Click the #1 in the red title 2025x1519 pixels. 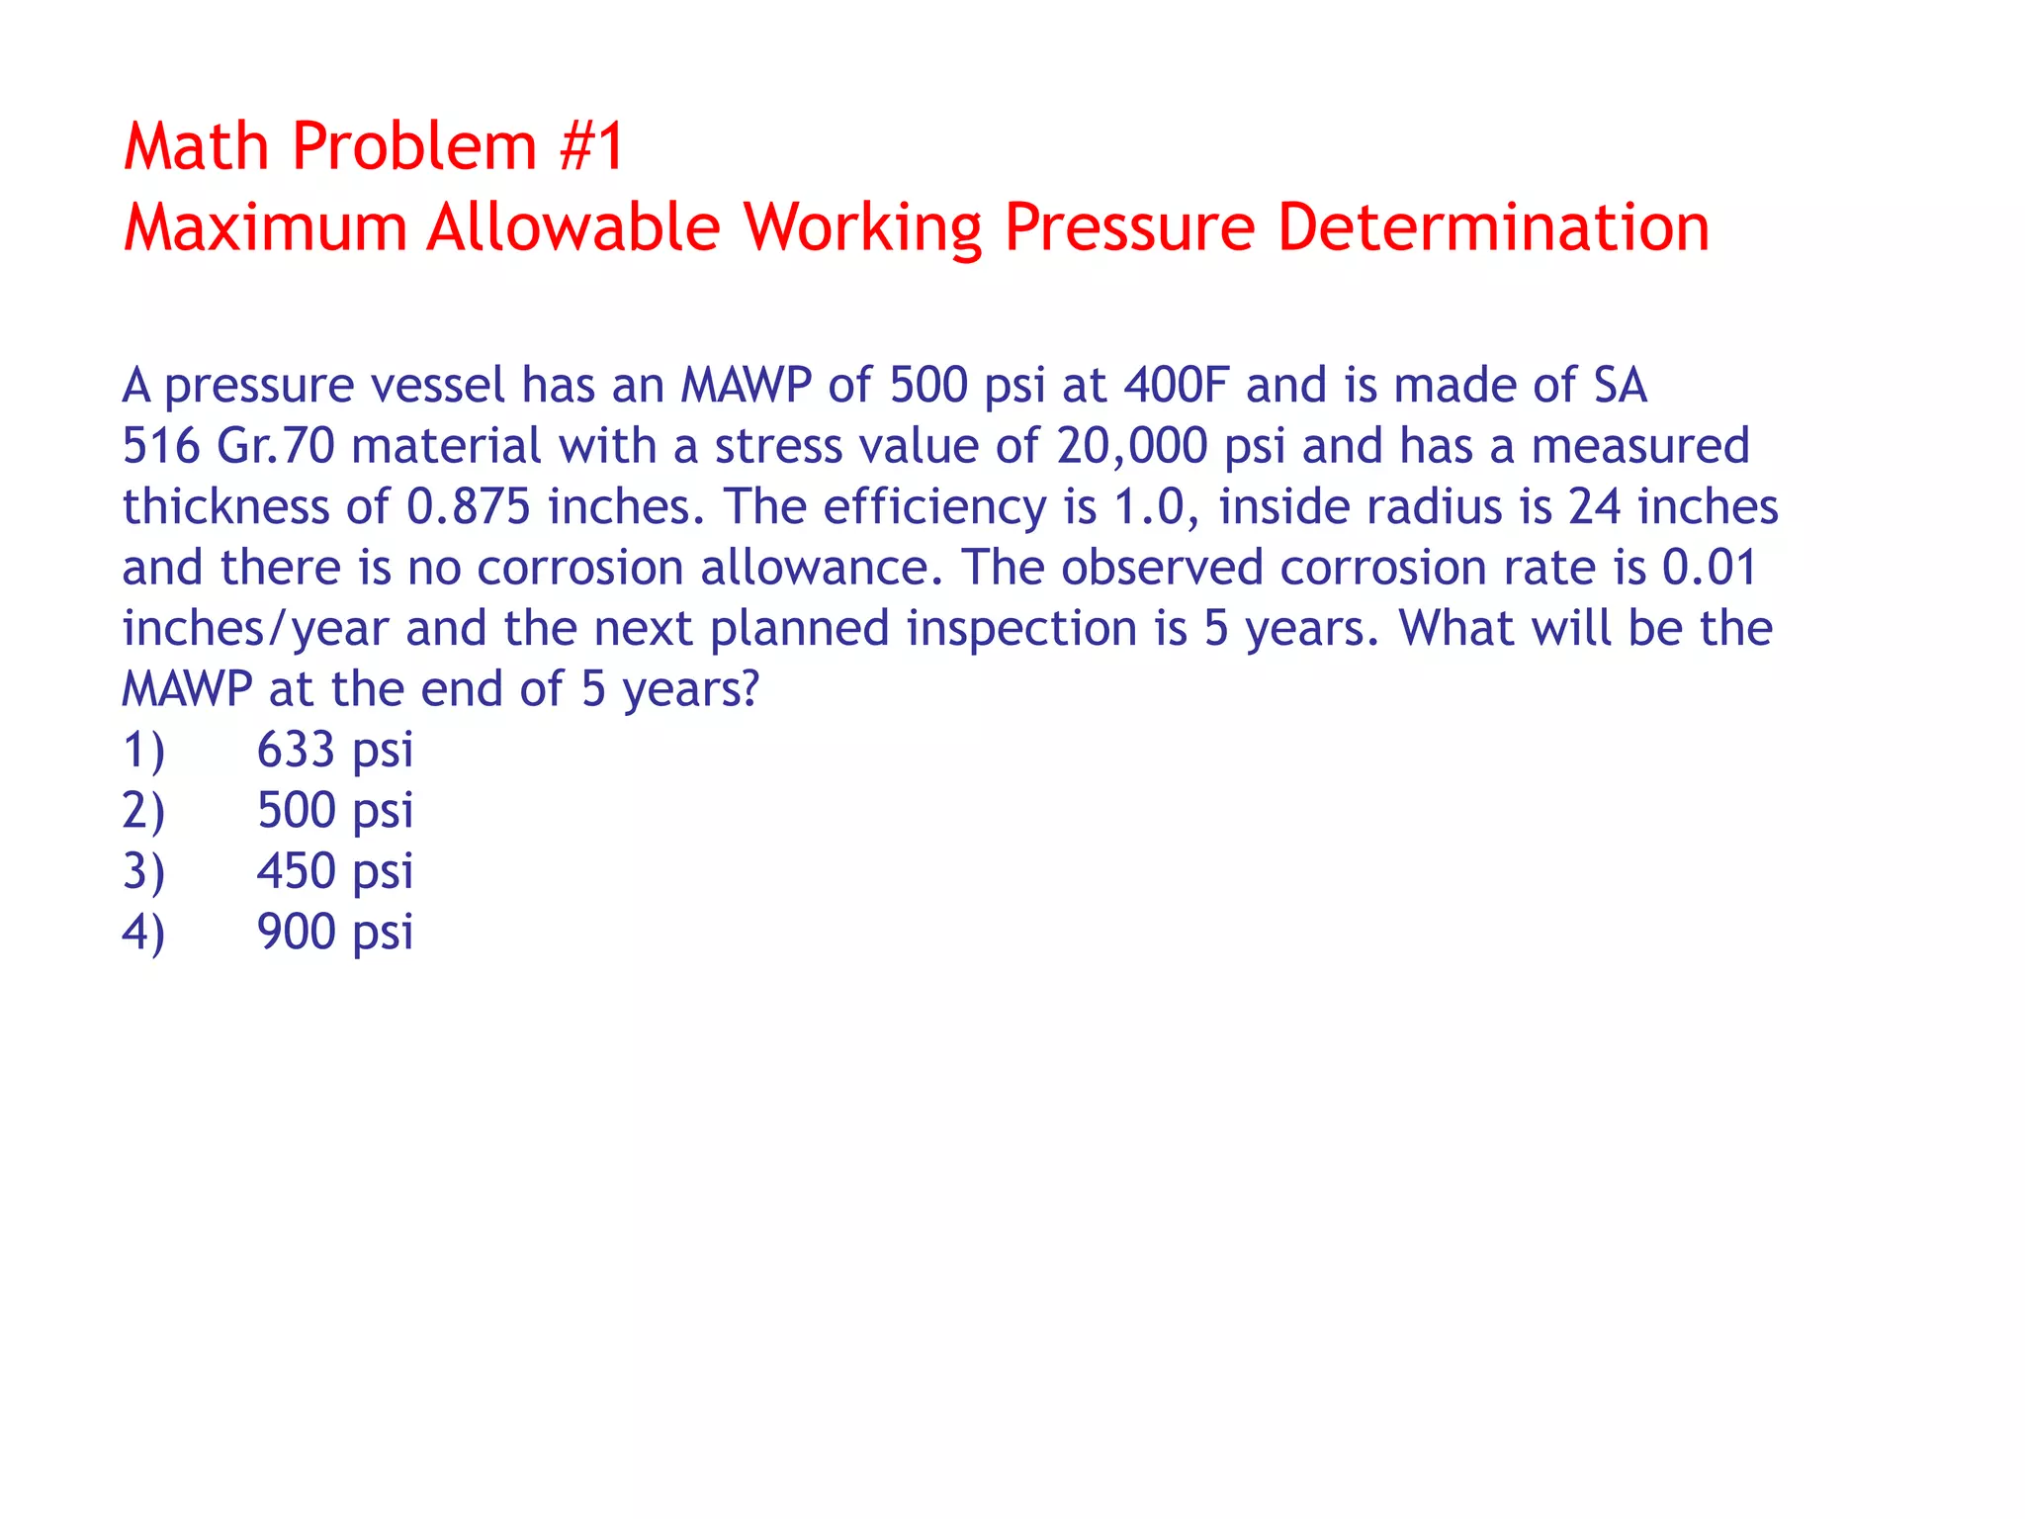pos(591,146)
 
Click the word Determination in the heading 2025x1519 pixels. pos(1493,227)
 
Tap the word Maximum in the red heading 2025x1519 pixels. pos(265,227)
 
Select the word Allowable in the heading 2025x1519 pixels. pos(573,227)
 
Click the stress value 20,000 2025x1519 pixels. pos(1131,446)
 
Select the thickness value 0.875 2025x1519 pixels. pos(469,506)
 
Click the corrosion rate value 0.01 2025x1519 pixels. pos(1709,568)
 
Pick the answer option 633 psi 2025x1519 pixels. pos(334,750)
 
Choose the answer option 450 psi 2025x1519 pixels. pos(334,871)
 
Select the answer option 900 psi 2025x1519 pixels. pos(334,933)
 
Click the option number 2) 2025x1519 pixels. pos(143,811)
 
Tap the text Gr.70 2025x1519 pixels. pos(276,446)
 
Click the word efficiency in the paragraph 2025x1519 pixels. pos(934,508)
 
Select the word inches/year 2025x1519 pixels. pos(255,629)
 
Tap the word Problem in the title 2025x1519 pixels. pos(414,146)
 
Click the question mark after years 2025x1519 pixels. pos(749,688)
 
